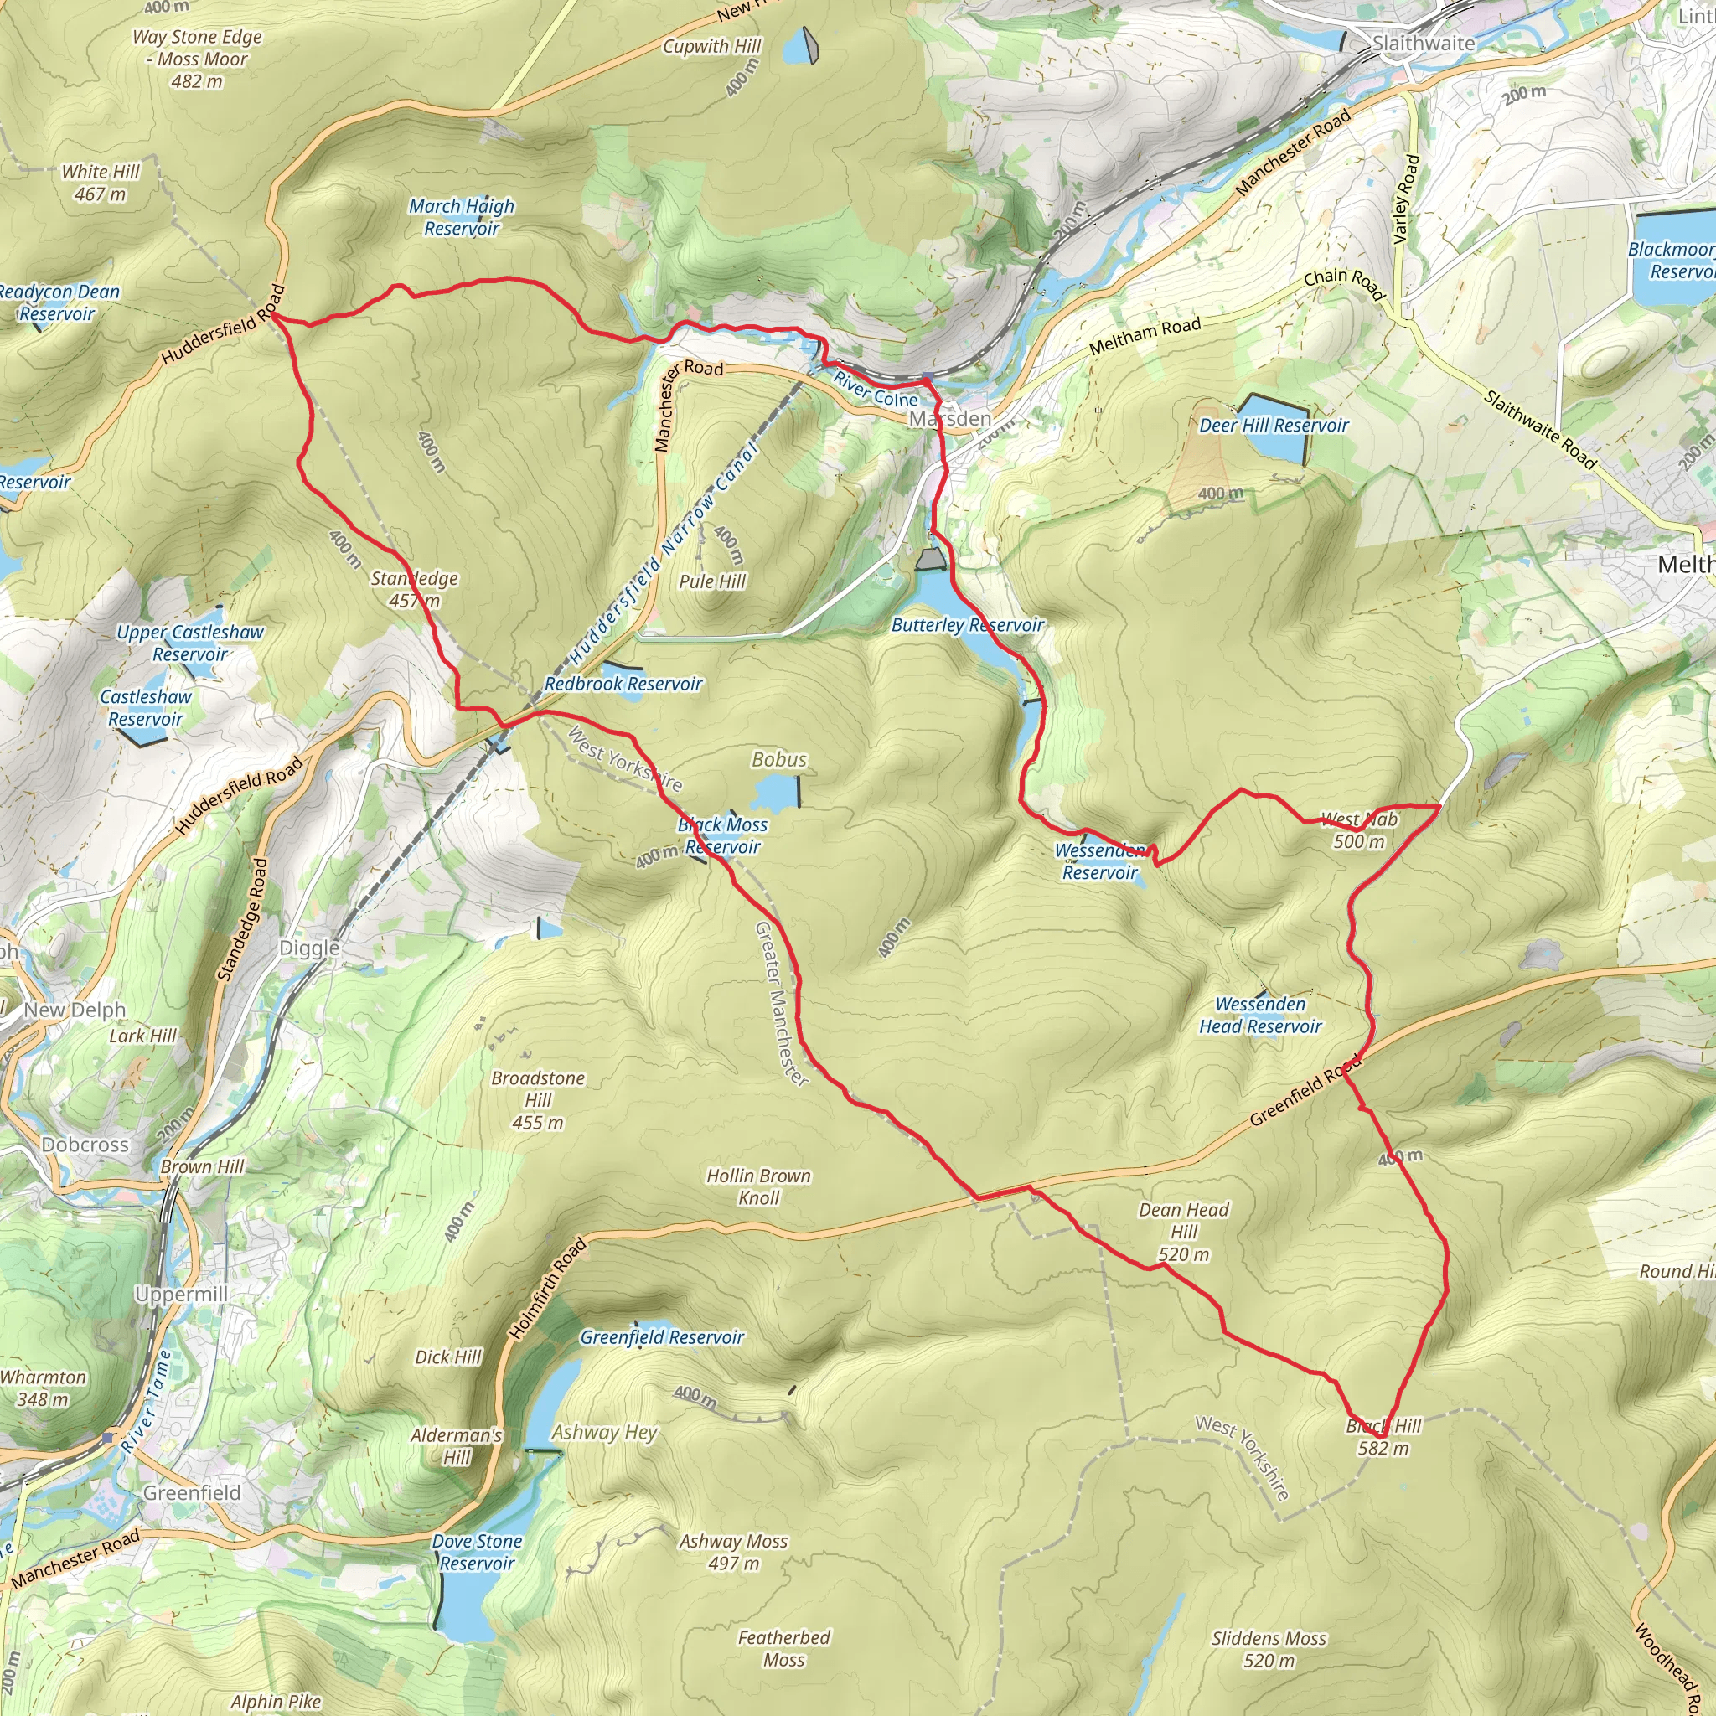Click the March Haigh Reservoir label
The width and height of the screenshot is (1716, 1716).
click(461, 217)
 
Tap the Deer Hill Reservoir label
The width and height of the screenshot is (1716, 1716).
click(1273, 426)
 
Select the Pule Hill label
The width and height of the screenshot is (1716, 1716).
click(712, 581)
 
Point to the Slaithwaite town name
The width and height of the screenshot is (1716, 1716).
click(1423, 43)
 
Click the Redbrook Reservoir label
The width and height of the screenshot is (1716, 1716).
click(623, 684)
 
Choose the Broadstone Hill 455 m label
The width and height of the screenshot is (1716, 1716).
click(538, 1099)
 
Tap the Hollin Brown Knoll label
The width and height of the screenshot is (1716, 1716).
click(758, 1186)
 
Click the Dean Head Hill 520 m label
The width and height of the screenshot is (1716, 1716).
click(1183, 1231)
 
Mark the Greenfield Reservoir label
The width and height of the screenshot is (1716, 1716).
click(662, 1336)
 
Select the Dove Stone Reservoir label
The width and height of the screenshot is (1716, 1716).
click(477, 1552)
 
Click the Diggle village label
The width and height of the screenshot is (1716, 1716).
click(309, 948)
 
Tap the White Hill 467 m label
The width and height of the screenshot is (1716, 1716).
click(101, 183)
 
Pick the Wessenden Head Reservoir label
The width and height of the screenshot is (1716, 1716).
click(1259, 1016)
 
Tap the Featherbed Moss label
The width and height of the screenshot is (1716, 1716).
click(783, 1647)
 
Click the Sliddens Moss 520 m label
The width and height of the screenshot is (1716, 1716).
click(1269, 1648)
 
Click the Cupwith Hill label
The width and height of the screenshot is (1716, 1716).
click(712, 46)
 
